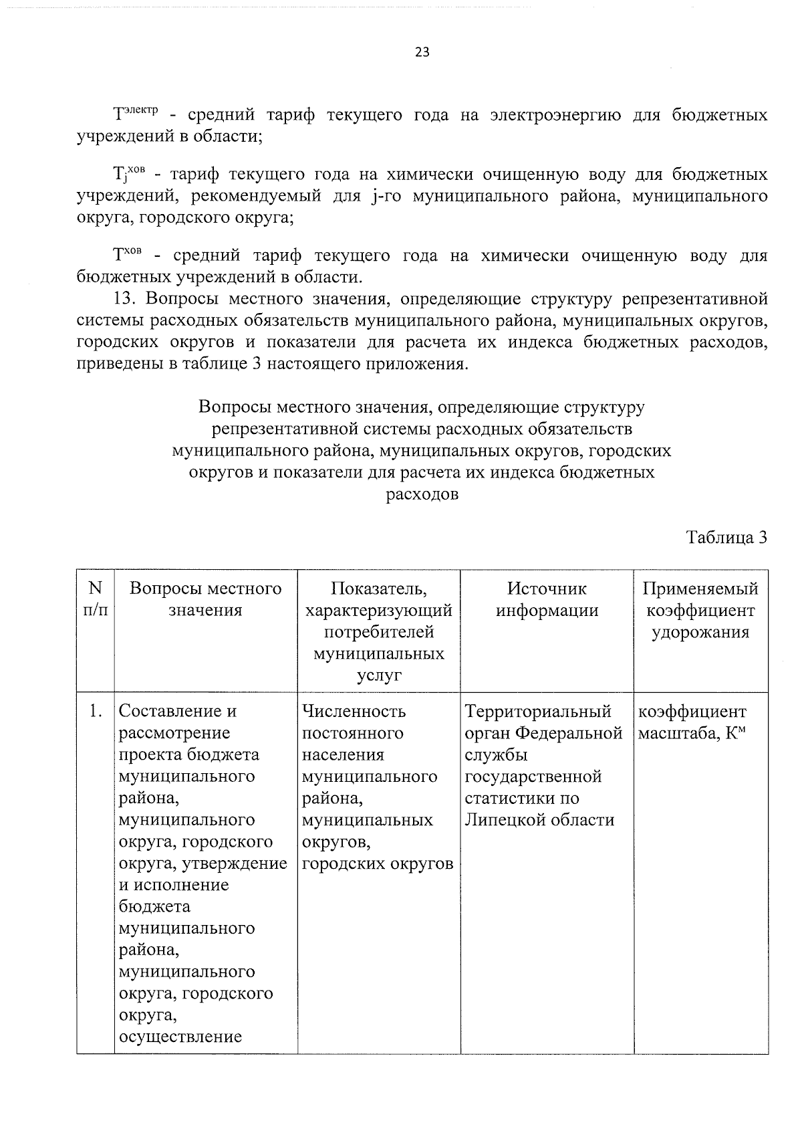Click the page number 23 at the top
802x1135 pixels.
(x=422, y=53)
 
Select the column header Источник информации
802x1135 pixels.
(x=547, y=599)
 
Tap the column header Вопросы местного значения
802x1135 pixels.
(x=205, y=599)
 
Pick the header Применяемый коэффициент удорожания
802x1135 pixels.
(x=700, y=610)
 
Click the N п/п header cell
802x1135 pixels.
(x=96, y=599)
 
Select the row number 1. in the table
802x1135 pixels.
(x=96, y=711)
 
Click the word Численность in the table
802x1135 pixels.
(x=354, y=711)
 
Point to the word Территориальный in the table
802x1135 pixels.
(x=539, y=711)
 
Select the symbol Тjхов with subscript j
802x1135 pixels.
(x=128, y=174)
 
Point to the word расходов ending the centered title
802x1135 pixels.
(x=422, y=495)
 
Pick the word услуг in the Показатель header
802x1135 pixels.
(x=379, y=676)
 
